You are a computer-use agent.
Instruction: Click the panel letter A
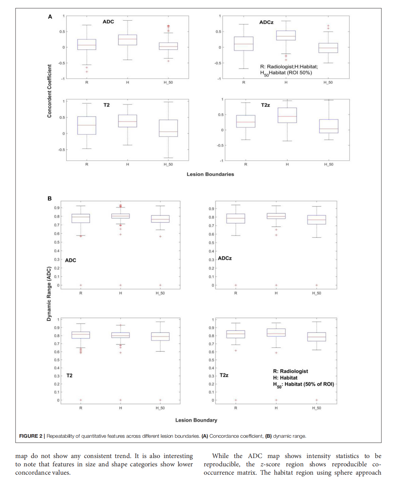(50, 17)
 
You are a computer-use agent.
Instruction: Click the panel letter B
(50, 198)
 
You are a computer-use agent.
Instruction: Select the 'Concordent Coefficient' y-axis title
(49, 91)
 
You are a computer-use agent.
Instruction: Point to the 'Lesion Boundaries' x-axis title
(210, 174)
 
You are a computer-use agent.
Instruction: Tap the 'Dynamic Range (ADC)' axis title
(49, 294)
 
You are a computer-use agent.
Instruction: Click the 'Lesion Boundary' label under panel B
(196, 420)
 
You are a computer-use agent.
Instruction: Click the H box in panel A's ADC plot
(127, 40)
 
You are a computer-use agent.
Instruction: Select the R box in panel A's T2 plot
(87, 126)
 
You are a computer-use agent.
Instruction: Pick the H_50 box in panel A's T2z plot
(329, 126)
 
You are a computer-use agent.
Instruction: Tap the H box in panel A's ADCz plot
(286, 35)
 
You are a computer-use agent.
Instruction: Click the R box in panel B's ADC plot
(81, 218)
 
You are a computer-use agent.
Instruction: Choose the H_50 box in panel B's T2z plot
(317, 337)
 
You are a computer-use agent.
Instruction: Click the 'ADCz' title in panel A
(266, 22)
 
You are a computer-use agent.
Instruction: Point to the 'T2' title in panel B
(69, 376)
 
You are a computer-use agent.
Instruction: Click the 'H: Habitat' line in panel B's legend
(285, 378)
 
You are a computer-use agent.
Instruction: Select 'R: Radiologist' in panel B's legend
(290, 371)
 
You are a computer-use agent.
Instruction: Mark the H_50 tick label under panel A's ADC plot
(168, 82)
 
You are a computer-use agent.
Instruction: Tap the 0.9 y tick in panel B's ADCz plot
(211, 209)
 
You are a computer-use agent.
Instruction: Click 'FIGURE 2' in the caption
(30, 436)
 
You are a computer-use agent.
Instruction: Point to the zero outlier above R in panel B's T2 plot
(81, 400)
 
